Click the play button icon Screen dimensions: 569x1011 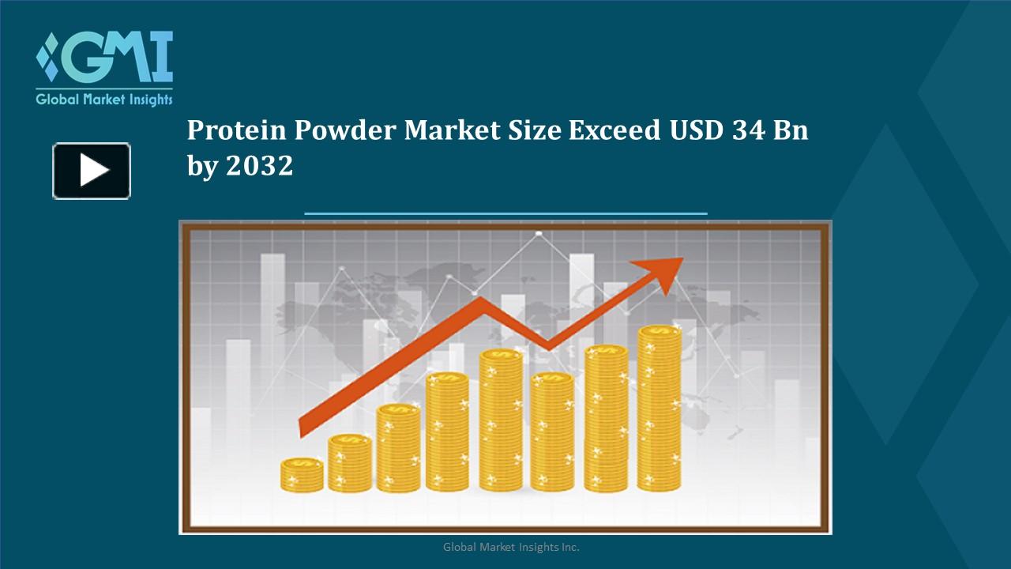92,171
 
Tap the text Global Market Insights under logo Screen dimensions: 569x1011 103,100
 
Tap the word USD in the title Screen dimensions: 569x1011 696,131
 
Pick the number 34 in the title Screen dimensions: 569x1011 748,131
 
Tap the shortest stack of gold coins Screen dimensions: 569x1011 302,475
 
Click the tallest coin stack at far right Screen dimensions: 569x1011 659,408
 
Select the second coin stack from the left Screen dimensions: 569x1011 349,463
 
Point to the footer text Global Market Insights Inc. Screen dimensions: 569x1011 511,547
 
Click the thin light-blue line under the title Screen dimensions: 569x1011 505,213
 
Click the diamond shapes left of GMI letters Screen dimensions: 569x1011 49,57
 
